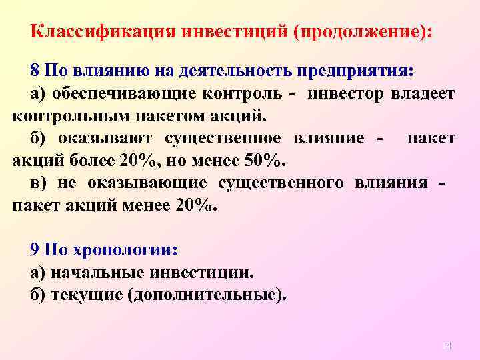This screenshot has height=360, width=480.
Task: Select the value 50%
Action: pyautogui.click(x=264, y=161)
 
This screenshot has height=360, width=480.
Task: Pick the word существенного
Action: pyautogui.click(x=281, y=183)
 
